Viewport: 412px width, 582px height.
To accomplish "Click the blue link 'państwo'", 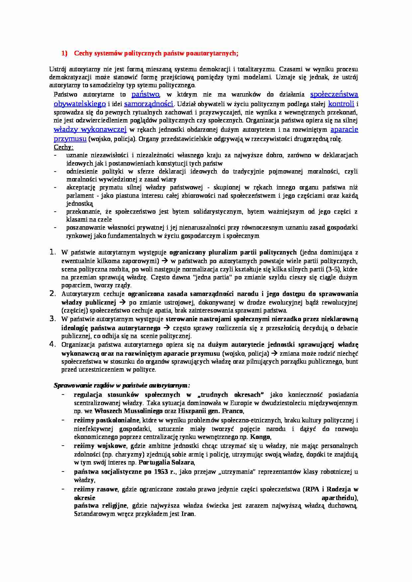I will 146,95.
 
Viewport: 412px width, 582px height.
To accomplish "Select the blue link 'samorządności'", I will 149,104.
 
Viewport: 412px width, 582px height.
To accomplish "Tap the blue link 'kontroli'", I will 341,104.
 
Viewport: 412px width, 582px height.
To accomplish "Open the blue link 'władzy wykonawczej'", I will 90,129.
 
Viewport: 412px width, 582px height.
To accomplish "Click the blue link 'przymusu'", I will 70,139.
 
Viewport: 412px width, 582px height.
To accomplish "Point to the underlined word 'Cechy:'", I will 63,147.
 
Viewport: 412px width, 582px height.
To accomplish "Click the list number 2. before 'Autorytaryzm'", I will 52,293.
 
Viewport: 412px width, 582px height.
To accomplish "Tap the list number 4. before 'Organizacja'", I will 52,344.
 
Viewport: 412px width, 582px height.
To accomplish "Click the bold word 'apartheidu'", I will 339,498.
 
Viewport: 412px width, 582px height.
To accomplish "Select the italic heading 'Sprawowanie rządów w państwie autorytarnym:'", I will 122,386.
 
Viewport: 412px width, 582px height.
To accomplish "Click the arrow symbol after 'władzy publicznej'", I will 122,302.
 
